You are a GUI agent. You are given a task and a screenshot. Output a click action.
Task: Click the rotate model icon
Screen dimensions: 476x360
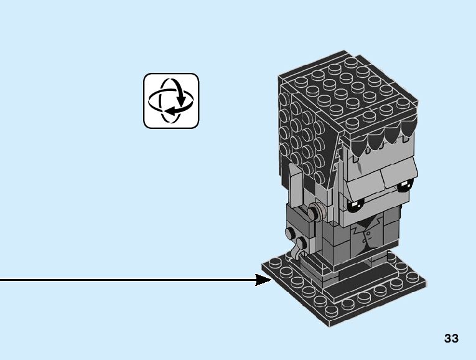click(171, 101)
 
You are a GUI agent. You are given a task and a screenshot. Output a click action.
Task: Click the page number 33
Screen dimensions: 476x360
click(451, 339)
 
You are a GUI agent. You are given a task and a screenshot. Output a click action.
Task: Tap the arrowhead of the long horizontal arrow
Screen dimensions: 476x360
click(264, 280)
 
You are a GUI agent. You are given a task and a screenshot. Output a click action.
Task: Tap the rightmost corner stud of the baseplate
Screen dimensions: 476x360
click(418, 283)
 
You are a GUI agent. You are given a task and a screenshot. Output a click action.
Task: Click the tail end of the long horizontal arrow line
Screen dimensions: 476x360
click(2, 280)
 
